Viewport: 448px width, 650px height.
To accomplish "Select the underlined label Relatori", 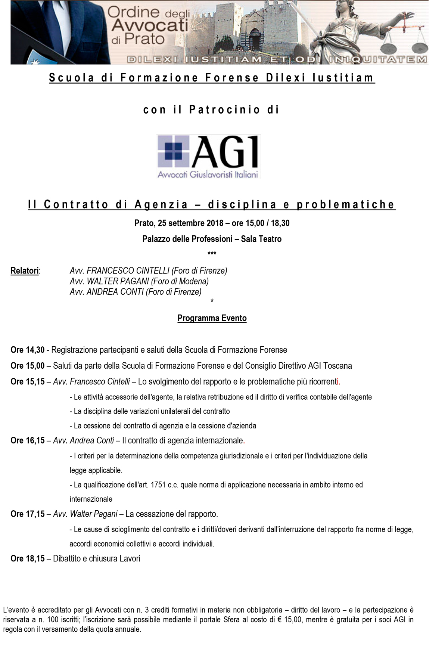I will [x=25, y=271].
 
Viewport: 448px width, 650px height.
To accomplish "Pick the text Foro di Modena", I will [x=180, y=281].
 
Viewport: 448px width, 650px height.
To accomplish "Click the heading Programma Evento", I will [x=212, y=318].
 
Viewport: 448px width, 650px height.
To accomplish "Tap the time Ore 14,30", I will [x=28, y=350].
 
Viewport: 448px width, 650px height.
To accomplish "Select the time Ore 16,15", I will [x=28, y=441].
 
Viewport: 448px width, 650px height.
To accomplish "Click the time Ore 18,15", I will [x=28, y=559].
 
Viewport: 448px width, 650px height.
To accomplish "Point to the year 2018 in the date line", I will [x=215, y=223].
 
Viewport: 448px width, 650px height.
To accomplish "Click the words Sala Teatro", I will [x=261, y=239].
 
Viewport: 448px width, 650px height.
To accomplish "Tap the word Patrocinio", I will [x=225, y=110].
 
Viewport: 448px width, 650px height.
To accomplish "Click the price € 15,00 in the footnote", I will [x=291, y=620].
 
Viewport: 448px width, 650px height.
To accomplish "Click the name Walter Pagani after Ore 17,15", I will [x=94, y=514].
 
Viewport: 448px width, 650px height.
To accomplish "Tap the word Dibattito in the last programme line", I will [x=67, y=559].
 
